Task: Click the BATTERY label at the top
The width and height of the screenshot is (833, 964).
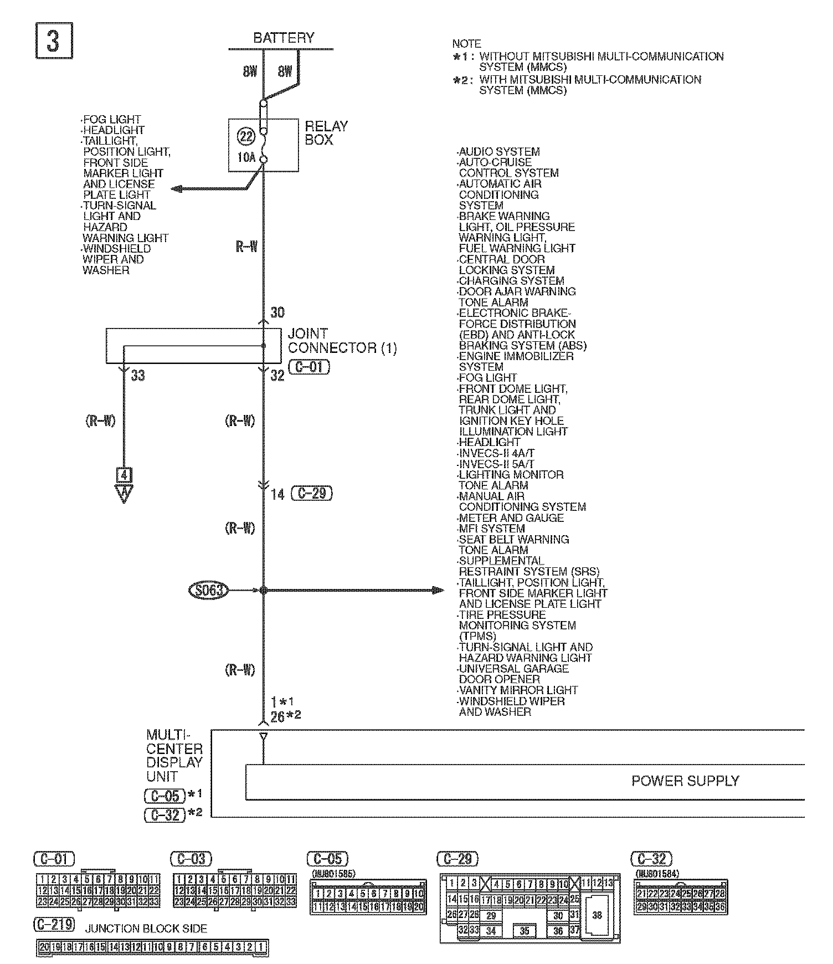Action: coord(283,38)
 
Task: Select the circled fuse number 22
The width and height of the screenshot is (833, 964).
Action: coord(245,136)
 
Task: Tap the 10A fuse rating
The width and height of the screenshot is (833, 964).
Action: coord(246,157)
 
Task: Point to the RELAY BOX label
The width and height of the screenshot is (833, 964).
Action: coord(326,133)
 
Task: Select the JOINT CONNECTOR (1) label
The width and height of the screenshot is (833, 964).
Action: coord(342,341)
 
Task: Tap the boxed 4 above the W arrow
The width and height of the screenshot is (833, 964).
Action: coord(124,475)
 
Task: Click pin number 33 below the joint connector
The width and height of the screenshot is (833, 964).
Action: coord(138,376)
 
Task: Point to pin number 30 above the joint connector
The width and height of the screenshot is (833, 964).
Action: coord(277,312)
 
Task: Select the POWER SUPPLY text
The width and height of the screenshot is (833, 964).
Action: coord(685,781)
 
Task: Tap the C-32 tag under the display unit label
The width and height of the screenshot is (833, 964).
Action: coord(164,815)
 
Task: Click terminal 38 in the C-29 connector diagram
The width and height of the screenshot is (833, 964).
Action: coord(597,915)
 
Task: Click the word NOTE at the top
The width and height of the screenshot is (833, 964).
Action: coord(466,44)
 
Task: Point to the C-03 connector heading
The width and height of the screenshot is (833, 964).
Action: coord(191,859)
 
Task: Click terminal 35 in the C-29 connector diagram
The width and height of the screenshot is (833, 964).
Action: coord(525,931)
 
